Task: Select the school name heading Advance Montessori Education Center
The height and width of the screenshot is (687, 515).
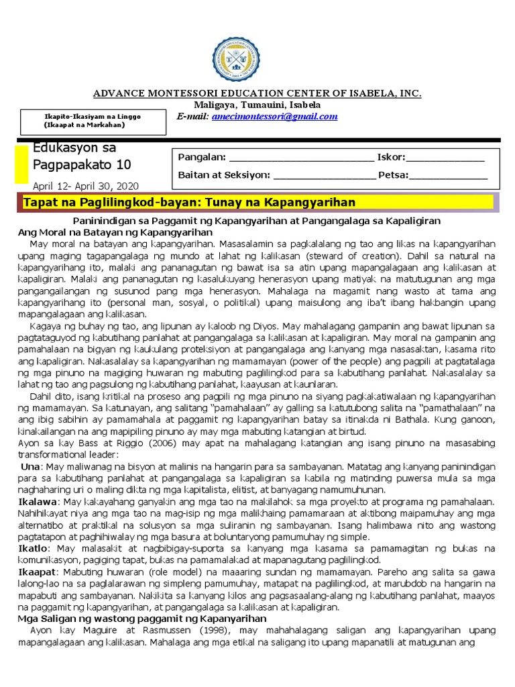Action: click(x=257, y=93)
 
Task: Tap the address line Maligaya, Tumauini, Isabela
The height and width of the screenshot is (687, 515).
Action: click(x=257, y=105)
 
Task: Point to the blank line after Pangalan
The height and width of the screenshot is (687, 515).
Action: click(x=302, y=158)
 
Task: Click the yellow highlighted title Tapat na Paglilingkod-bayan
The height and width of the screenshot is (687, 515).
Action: click(x=189, y=203)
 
